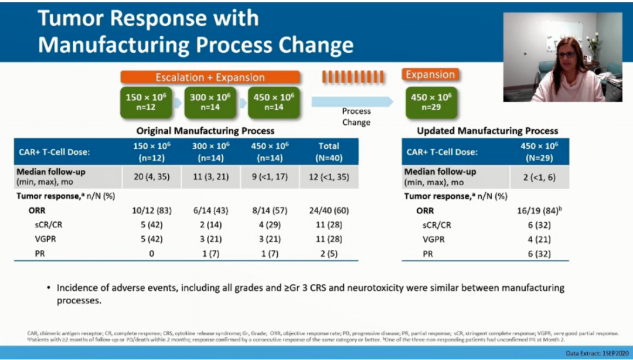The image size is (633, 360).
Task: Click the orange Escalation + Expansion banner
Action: (x=210, y=77)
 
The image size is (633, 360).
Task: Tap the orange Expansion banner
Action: (x=430, y=75)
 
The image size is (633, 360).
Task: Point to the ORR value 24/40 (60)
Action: (x=328, y=210)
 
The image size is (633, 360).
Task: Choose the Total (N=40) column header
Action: (x=328, y=151)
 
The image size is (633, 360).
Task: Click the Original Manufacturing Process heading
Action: (x=205, y=131)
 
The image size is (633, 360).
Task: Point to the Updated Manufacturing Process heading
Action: (x=488, y=131)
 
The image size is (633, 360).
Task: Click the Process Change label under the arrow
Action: (x=356, y=117)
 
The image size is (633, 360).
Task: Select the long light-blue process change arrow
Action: (x=352, y=101)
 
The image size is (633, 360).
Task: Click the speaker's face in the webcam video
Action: (x=566, y=57)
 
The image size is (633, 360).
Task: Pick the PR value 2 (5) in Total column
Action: (x=328, y=254)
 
